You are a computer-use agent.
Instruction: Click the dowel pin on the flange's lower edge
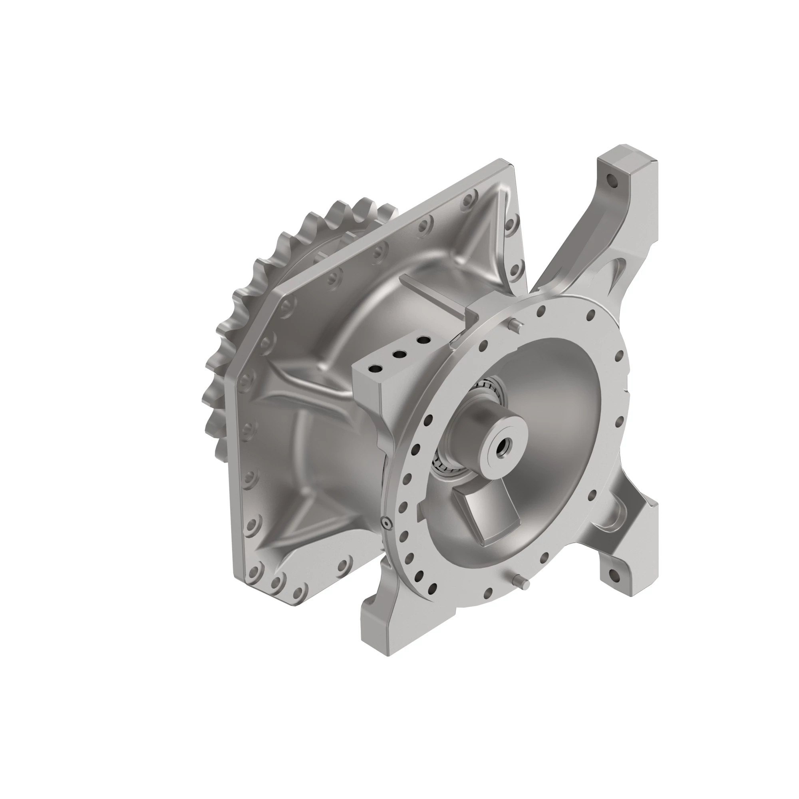point(522,583)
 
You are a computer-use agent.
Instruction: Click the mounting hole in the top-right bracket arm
point(610,180)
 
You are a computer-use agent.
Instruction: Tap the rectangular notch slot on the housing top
point(438,298)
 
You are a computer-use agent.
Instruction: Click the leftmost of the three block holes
point(376,368)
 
